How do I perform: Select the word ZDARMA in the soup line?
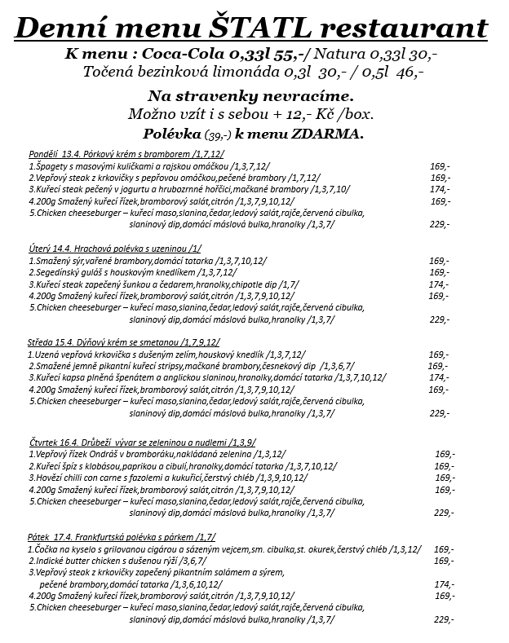click(x=324, y=132)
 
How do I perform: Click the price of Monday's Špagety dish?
click(x=440, y=165)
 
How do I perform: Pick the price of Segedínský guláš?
click(x=439, y=272)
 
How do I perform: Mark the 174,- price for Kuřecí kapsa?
click(x=438, y=378)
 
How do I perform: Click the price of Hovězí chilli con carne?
click(x=445, y=478)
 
